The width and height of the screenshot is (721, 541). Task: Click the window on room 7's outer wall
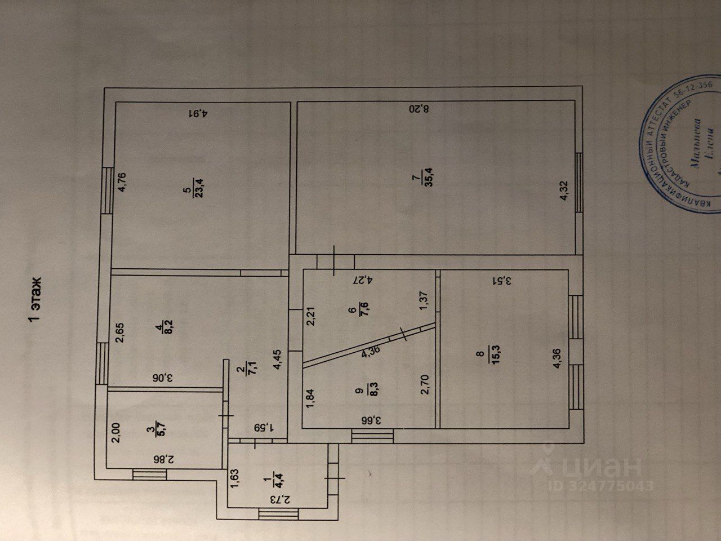[579, 183]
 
